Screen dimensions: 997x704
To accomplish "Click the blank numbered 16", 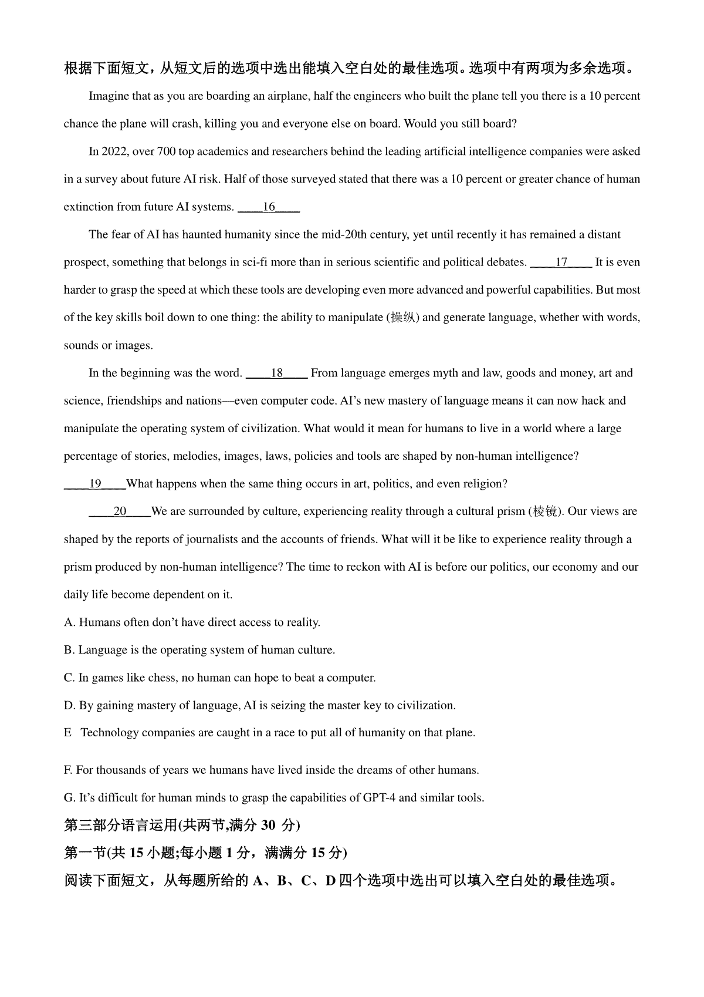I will (269, 207).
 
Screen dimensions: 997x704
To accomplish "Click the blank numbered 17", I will (561, 262).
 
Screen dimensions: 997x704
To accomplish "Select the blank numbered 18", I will (277, 373).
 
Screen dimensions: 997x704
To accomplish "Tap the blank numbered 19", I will (95, 484).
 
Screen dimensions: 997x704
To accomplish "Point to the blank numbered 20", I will (120, 511).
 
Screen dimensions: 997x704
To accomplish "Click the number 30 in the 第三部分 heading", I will (268, 825).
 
